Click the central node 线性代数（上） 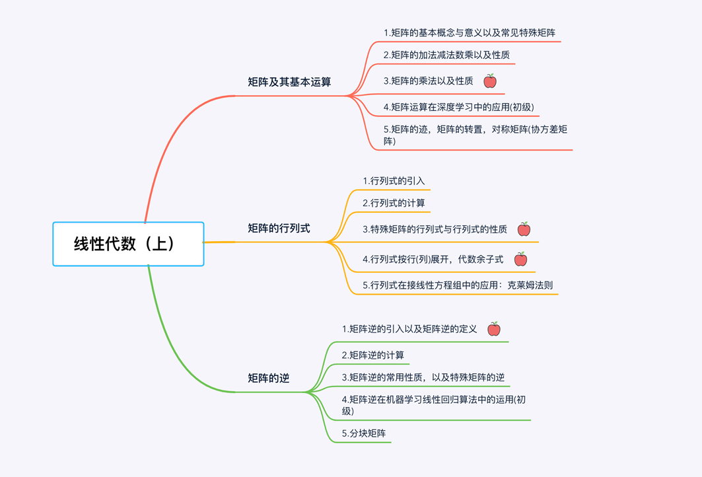coord(128,244)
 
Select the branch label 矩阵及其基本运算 coord(289,83)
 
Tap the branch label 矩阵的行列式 coord(279,229)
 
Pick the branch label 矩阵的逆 coord(269,379)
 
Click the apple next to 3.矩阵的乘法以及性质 coord(490,81)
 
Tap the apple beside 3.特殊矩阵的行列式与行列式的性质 coord(524,229)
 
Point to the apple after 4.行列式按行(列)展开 coord(520,259)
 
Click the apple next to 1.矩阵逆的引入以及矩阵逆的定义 coord(494,329)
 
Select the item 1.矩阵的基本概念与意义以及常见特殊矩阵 coord(470,32)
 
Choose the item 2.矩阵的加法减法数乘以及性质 coord(446,55)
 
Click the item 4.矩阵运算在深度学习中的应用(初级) coord(458,107)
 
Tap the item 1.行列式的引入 coord(394,181)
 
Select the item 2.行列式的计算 coord(394,203)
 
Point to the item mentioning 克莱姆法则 coord(458,285)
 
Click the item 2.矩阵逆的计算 coord(373,355)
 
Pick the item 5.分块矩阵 coord(364,433)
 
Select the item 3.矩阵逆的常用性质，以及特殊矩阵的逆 coord(423,377)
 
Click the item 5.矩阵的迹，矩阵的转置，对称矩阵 coord(475,135)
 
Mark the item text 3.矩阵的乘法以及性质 coord(428,81)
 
